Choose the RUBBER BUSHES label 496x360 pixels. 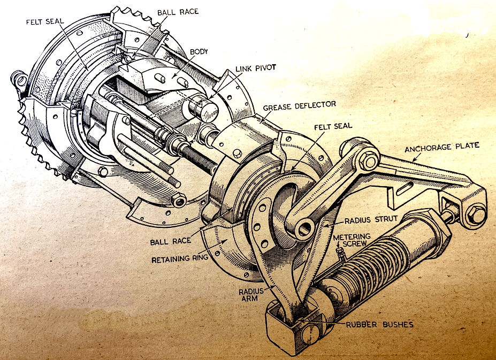(x=371, y=324)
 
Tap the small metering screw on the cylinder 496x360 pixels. (x=338, y=249)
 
